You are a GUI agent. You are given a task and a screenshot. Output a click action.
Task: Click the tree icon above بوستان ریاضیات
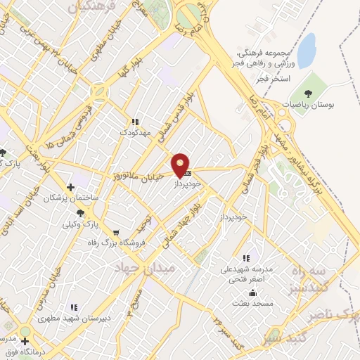(x=307, y=92)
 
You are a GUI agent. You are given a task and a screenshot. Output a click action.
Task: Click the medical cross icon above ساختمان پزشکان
(x=70, y=187)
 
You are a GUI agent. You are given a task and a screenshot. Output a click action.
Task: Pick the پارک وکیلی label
(x=78, y=225)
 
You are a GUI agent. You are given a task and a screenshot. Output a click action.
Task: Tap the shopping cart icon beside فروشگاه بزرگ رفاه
(x=116, y=233)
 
